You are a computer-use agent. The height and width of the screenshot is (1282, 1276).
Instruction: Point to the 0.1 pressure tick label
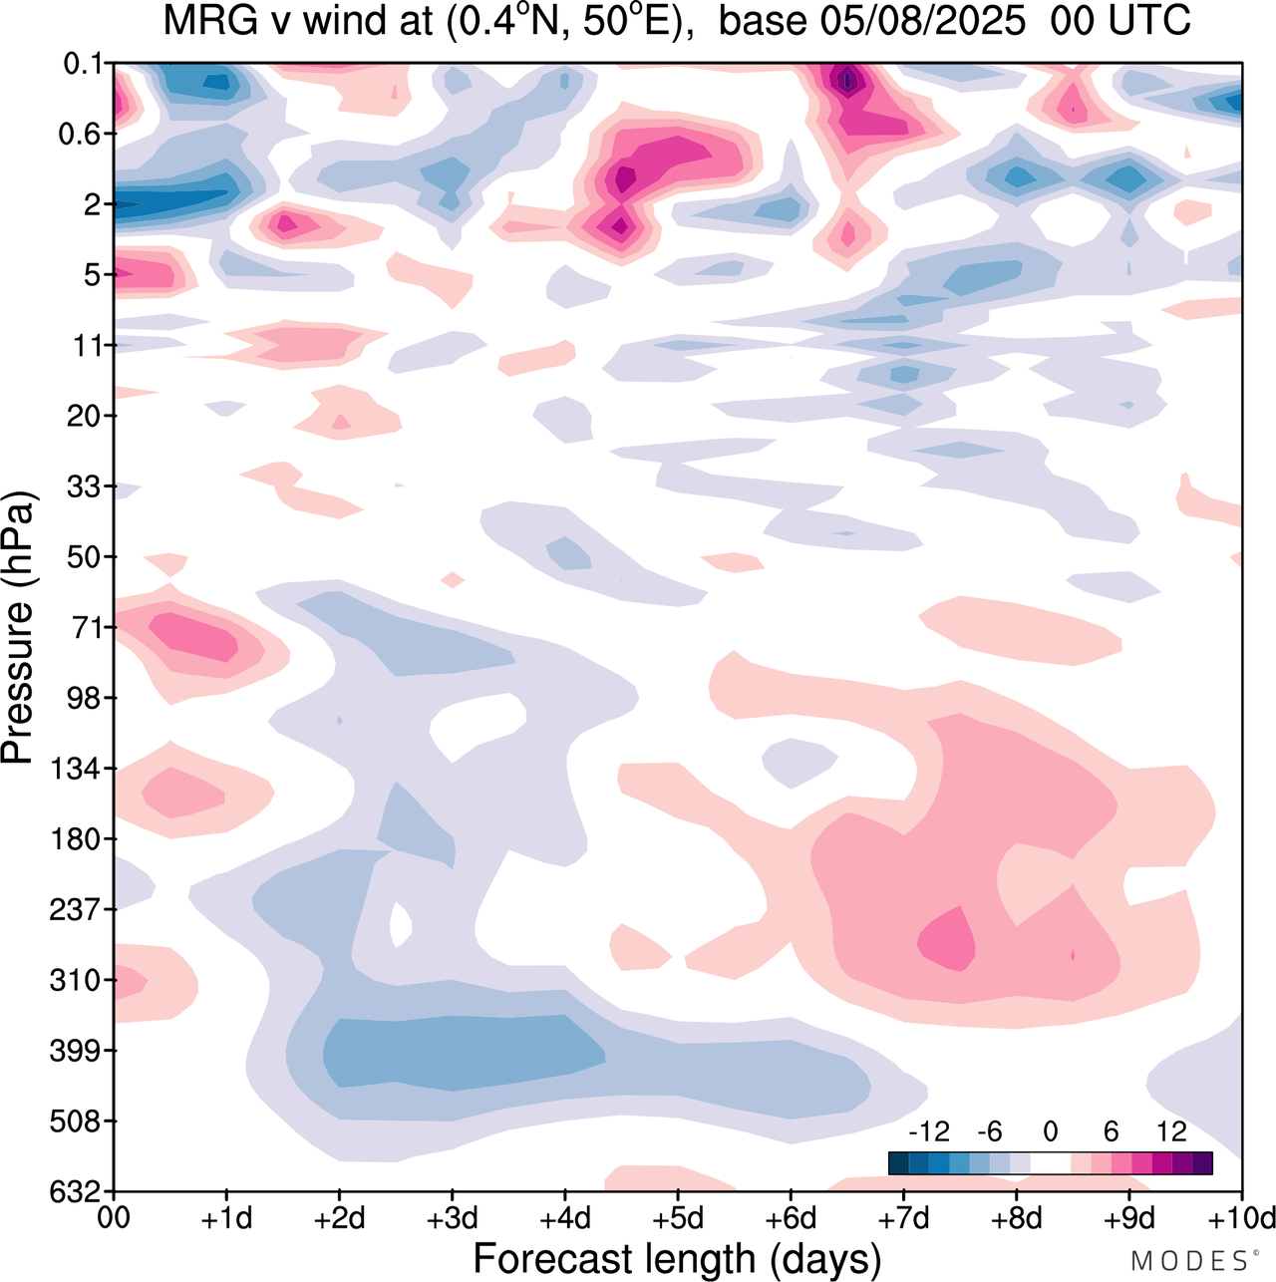tap(83, 64)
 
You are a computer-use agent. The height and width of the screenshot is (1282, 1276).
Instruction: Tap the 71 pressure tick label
tap(87, 627)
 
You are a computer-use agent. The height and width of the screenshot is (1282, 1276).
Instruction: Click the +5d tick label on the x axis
tap(678, 1218)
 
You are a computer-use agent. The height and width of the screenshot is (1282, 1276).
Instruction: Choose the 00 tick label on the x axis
tap(115, 1218)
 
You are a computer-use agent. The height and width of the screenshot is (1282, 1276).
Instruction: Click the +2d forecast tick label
tap(340, 1218)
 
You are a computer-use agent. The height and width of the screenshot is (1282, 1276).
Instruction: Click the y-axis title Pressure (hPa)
tap(18, 628)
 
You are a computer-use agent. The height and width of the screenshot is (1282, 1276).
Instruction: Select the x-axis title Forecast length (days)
tap(677, 1259)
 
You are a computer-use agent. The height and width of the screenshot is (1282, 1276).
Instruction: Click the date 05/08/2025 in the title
tap(871, 21)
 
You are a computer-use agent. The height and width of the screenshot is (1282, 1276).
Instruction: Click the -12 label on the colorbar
tap(929, 1131)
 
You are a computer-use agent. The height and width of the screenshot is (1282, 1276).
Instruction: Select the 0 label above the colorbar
tap(1050, 1131)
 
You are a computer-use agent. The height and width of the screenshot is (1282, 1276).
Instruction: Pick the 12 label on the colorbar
tap(1172, 1131)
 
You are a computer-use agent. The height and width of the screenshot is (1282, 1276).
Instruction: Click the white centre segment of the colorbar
tap(1050, 1162)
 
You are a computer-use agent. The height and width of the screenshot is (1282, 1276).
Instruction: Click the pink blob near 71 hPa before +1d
tap(195, 635)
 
